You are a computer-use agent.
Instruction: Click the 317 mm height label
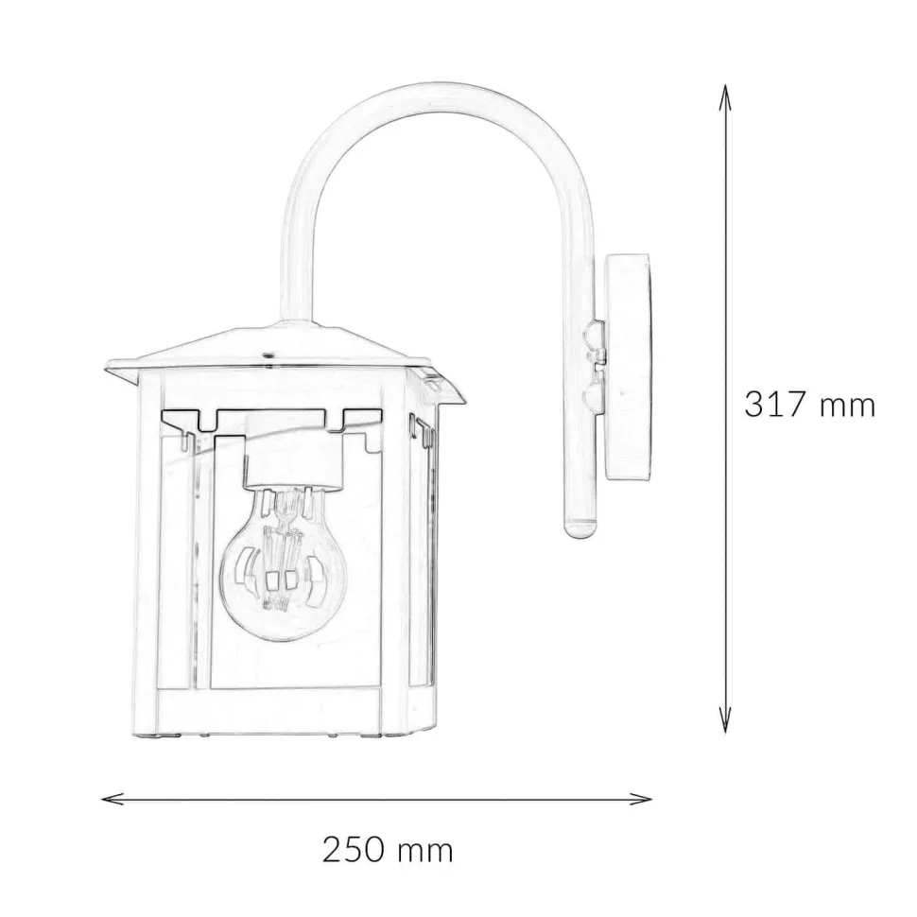point(809,404)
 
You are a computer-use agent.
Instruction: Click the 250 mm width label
point(388,850)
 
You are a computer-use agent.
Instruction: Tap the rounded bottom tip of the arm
point(580,530)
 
